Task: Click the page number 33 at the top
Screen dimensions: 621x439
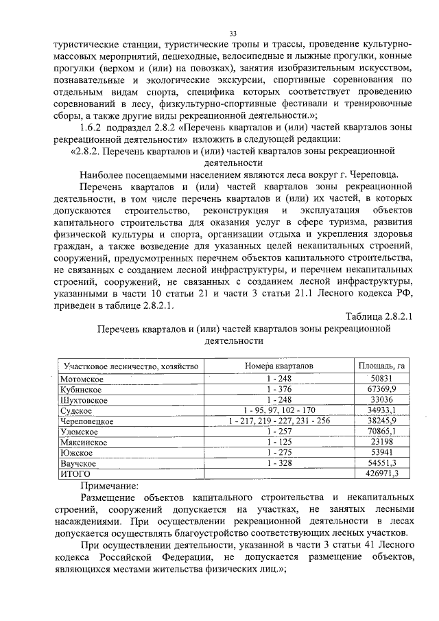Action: [x=233, y=34]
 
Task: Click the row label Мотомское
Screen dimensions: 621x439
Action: [x=81, y=379]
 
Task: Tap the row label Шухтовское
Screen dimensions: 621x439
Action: [x=84, y=399]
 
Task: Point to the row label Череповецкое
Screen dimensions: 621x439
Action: [x=86, y=421]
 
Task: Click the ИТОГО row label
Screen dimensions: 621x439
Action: [x=76, y=474]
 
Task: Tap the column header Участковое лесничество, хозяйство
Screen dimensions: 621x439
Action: [x=130, y=366]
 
